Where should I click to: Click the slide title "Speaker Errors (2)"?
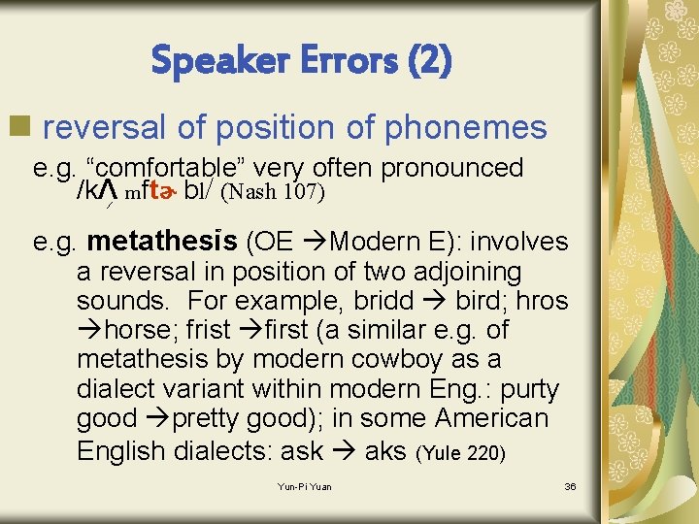coord(301,62)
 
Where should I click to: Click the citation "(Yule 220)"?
coord(460,452)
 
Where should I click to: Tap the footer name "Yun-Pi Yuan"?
coord(303,486)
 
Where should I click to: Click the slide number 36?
coord(570,486)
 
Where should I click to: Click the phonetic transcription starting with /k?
coord(146,191)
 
